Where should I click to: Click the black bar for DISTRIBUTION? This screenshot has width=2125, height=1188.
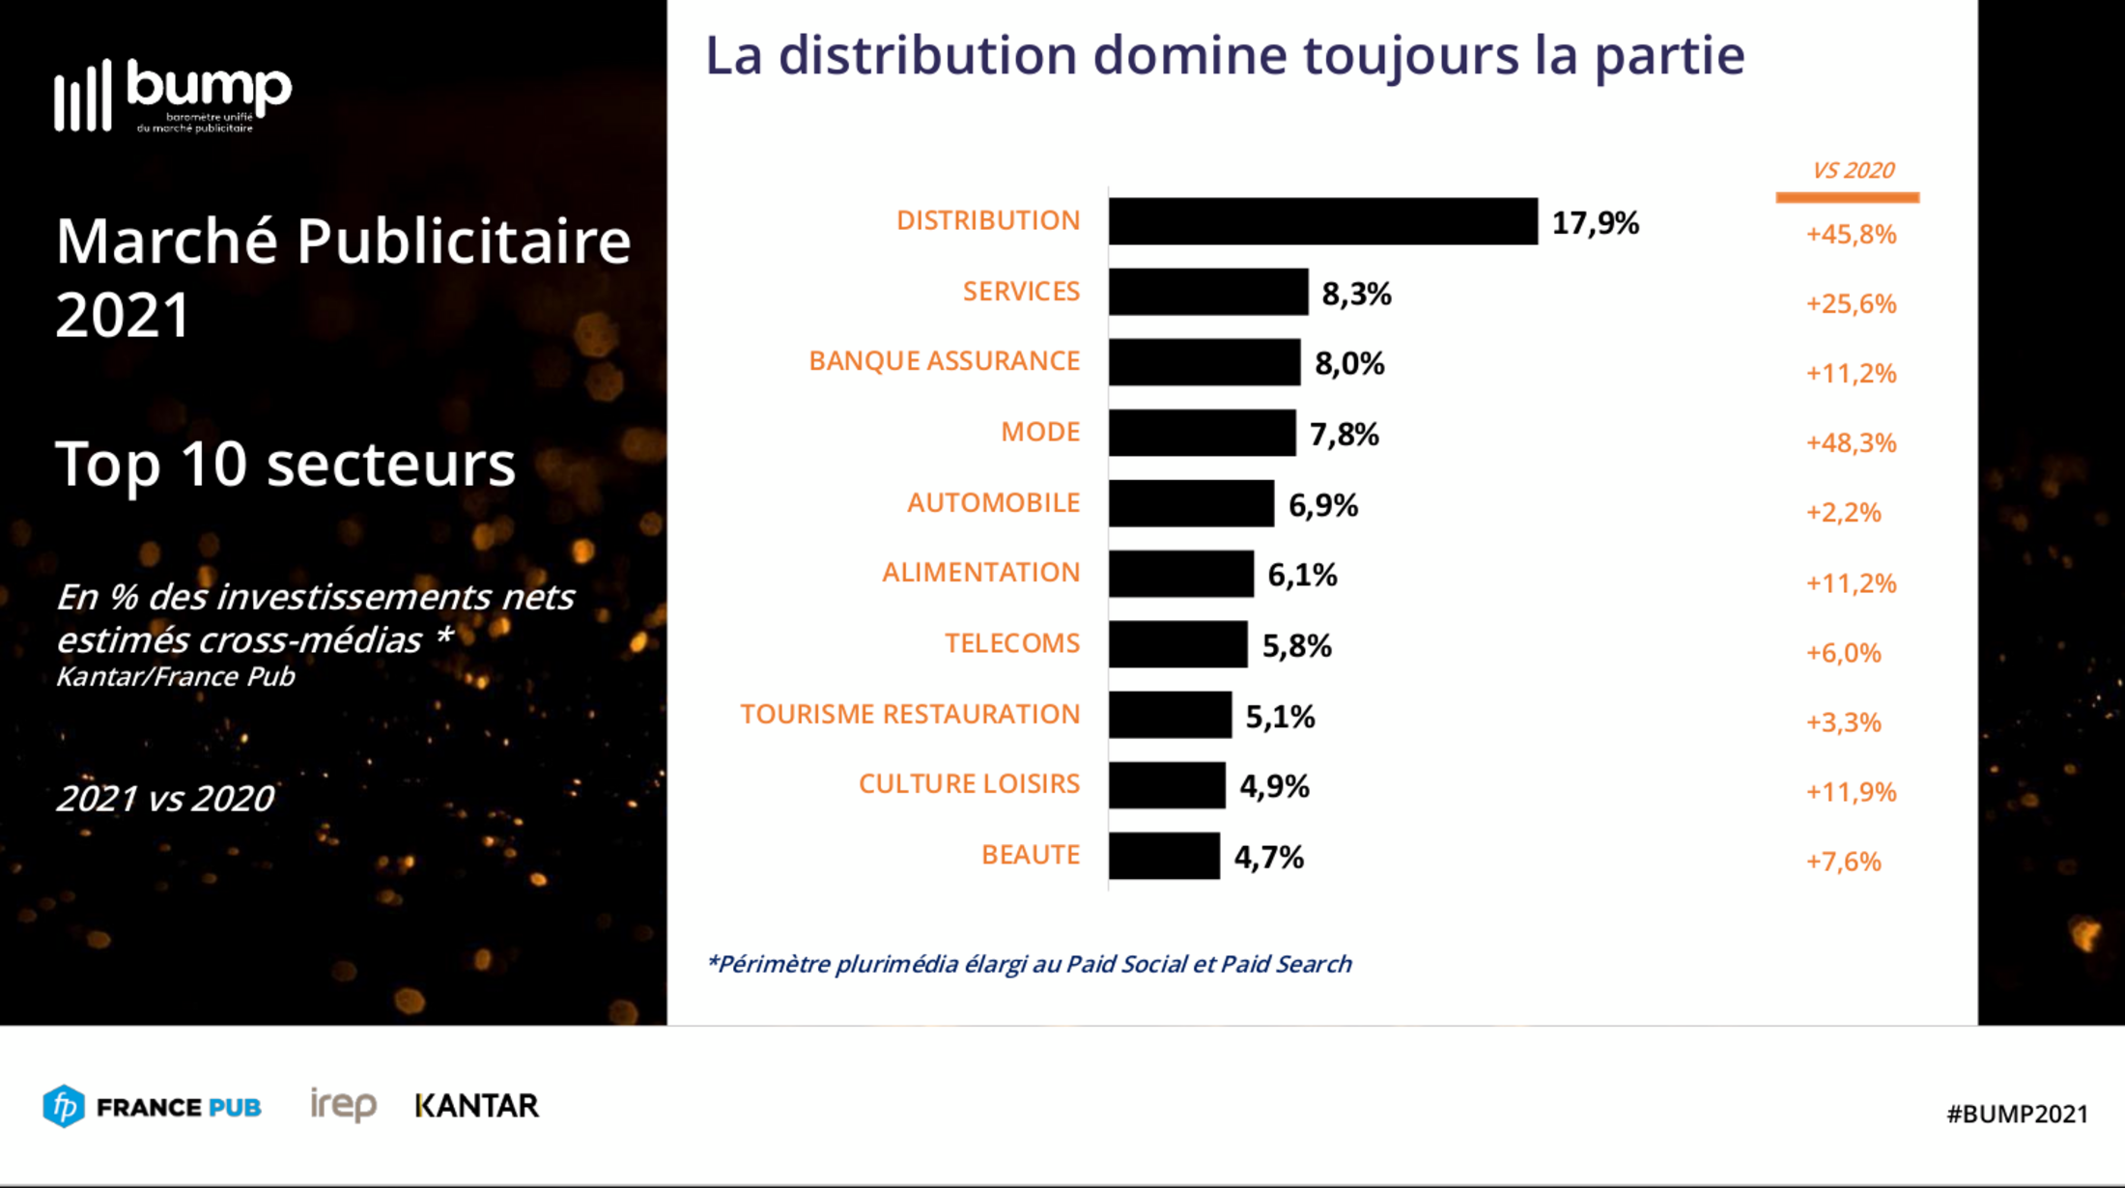(x=1322, y=221)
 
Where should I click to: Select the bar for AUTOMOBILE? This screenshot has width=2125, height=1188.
(x=1191, y=503)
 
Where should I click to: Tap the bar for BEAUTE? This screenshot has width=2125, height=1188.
(x=1164, y=856)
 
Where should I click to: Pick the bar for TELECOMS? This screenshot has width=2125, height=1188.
(x=1177, y=644)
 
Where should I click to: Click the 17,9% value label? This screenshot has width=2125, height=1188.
(x=1595, y=223)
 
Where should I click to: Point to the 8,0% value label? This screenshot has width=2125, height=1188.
(x=1349, y=364)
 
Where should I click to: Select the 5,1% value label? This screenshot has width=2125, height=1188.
(x=1280, y=717)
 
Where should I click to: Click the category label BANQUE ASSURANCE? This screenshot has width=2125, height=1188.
(x=944, y=361)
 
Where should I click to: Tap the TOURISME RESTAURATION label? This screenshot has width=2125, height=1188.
(x=910, y=714)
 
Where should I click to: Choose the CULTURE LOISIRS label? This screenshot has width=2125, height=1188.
(x=969, y=784)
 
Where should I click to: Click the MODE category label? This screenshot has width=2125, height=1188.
(x=1039, y=432)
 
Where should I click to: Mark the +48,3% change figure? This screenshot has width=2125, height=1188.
(x=1851, y=443)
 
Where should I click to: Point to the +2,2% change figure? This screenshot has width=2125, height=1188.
(x=1843, y=513)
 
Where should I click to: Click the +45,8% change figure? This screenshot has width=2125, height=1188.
(x=1851, y=235)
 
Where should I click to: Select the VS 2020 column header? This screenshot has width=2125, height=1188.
(x=1853, y=171)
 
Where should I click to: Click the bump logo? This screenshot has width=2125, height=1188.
(x=174, y=96)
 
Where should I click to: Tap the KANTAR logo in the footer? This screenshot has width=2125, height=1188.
(x=476, y=1106)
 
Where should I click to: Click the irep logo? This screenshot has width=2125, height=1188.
(x=343, y=1105)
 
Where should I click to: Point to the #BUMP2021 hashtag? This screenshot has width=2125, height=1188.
(x=2017, y=1114)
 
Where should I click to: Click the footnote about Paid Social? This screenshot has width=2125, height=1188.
(x=1029, y=964)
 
